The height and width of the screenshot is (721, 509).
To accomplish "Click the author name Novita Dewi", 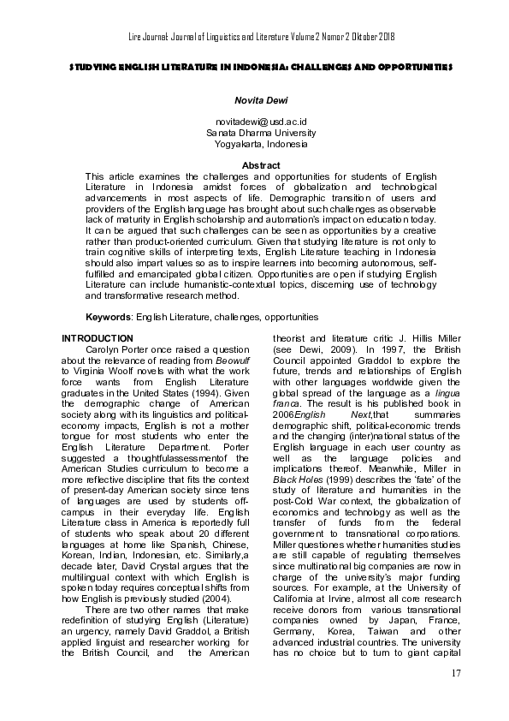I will coord(254,100).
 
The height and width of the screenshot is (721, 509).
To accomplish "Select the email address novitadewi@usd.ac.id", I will coord(254,123).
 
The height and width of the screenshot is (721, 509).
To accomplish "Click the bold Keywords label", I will coord(109,317).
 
